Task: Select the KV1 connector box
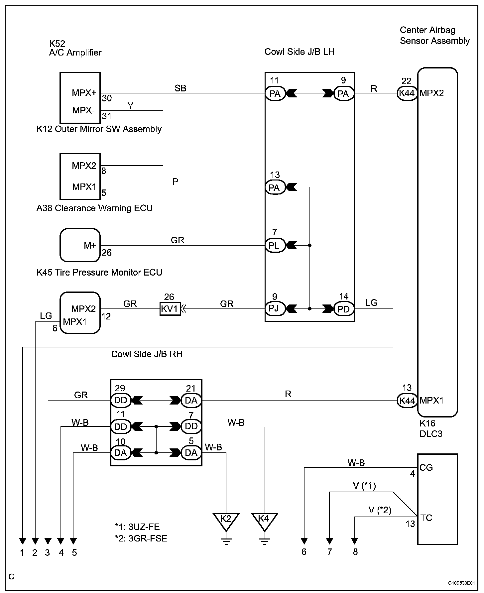[x=170, y=309]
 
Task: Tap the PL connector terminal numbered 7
[x=275, y=246]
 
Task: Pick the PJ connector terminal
[x=275, y=309]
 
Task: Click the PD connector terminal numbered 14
[x=344, y=309]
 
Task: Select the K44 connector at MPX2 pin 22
[x=407, y=93]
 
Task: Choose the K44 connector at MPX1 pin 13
[x=407, y=401]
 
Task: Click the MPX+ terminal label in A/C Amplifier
[x=84, y=93]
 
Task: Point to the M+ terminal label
[x=90, y=246]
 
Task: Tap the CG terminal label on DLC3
[x=426, y=468]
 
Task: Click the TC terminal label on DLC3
[x=426, y=518]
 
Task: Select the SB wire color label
[x=181, y=88]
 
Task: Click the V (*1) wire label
[x=364, y=486]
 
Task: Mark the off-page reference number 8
[x=355, y=552]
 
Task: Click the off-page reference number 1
[x=22, y=552]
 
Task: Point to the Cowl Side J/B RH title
[x=147, y=354]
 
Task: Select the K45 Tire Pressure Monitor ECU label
[x=99, y=273]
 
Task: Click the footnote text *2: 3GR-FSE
[x=141, y=538]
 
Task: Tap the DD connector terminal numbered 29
[x=121, y=401]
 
